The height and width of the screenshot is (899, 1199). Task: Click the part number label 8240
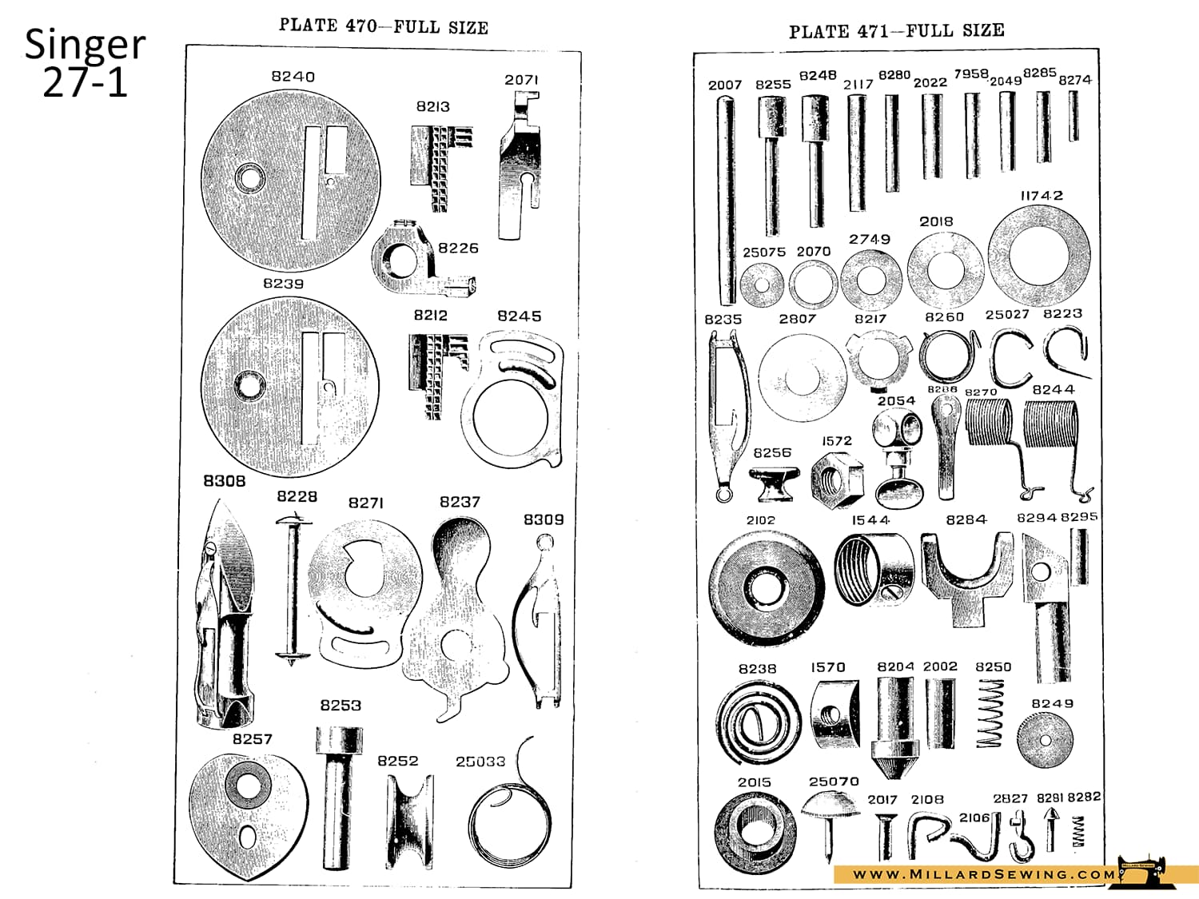[x=293, y=77]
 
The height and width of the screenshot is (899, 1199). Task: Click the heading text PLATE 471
[x=839, y=32]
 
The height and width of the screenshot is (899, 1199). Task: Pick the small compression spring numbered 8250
[x=990, y=713]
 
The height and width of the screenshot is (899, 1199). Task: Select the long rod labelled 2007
[x=726, y=200]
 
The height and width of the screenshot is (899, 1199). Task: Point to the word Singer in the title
[x=85, y=45]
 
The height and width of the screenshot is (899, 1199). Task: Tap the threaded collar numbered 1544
[x=874, y=569]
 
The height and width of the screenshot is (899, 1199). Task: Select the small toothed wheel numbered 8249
[x=1045, y=740]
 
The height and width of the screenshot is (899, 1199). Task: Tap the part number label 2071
[x=521, y=80]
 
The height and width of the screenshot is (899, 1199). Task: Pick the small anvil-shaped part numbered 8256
[x=771, y=483]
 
